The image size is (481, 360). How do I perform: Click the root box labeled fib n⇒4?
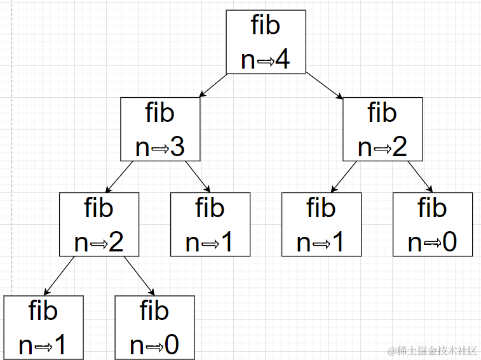tap(266, 42)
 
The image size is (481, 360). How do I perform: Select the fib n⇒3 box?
tap(160, 130)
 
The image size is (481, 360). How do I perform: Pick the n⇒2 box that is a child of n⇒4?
tap(383, 130)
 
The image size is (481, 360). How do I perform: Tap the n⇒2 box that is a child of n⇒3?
tap(99, 224)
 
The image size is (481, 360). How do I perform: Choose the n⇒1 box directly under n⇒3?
tap(210, 224)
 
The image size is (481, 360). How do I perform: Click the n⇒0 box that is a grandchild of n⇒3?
tap(154, 327)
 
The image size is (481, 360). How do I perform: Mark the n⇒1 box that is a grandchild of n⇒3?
tap(43, 327)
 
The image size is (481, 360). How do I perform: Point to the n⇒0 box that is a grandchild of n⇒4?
tap(432, 224)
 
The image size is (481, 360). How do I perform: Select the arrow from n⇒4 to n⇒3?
tap(213, 86)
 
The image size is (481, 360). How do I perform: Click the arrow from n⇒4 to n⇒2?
tap(324, 86)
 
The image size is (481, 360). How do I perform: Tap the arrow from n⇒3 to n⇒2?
tap(119, 177)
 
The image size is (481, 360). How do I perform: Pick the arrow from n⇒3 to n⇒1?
tap(198, 176)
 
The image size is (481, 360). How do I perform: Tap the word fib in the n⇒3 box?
tap(160, 113)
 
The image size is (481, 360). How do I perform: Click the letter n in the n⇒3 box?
tap(143, 148)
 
